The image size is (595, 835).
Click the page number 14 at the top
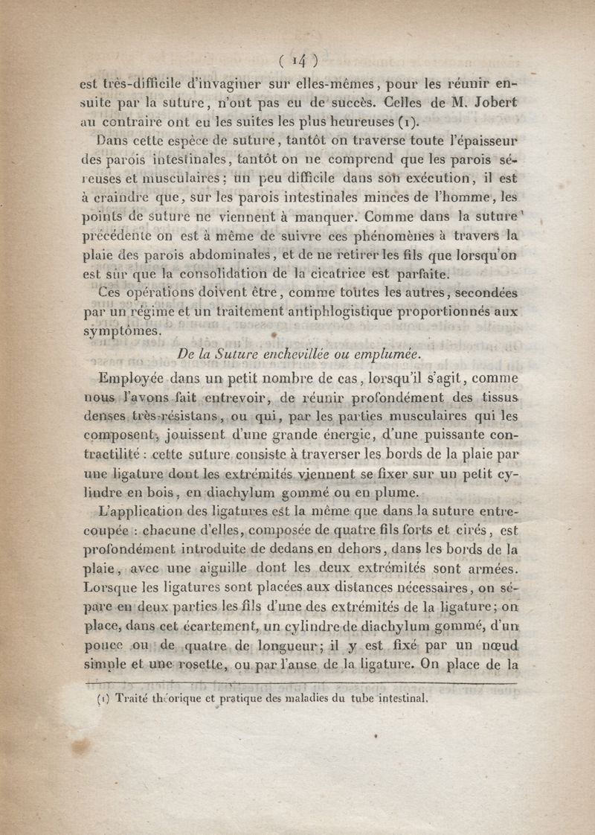298,59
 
